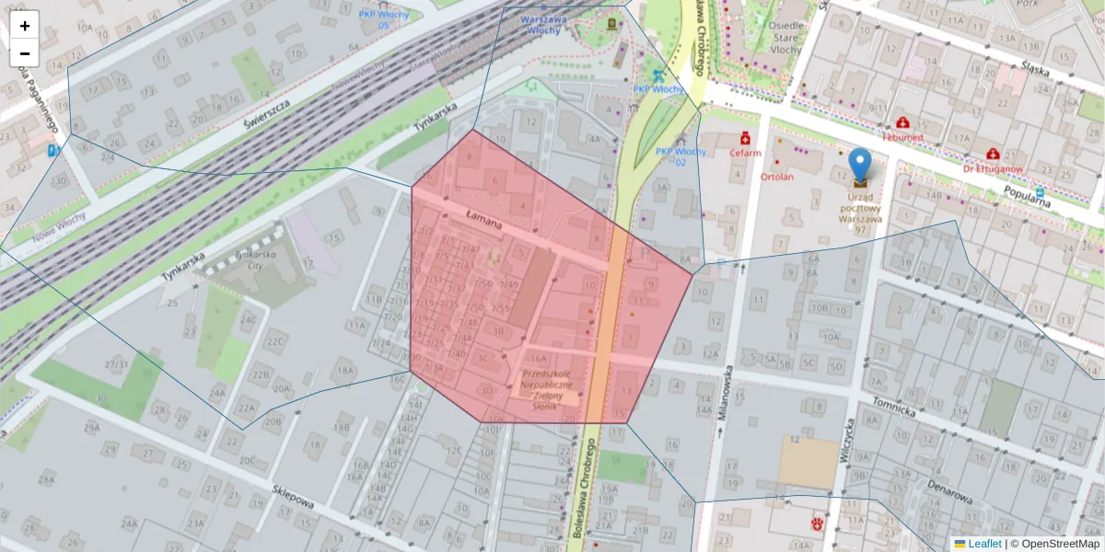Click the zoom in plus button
point(25,26)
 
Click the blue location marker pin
point(859,167)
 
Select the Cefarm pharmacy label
point(746,153)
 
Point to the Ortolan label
point(778,176)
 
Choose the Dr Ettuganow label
point(994,168)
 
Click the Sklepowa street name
point(294,498)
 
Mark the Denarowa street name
point(949,491)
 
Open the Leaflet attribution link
point(983,544)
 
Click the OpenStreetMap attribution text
point(1060,544)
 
